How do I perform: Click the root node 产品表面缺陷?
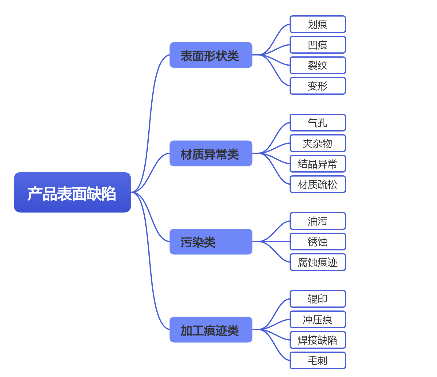[72, 192]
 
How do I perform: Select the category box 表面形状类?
[211, 55]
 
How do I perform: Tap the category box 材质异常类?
[211, 154]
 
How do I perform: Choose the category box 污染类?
[211, 242]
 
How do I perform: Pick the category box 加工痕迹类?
[211, 329]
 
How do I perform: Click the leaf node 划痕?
[317, 24]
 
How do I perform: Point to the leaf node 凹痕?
[317, 45]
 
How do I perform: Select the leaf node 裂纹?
[317, 65]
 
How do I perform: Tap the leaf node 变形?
[317, 86]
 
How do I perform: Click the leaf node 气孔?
[317, 123]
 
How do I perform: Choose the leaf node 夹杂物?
[317, 143]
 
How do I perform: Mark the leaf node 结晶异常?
[317, 164]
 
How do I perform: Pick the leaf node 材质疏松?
[317, 184]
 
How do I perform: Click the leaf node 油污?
[317, 221]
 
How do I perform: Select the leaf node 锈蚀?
[317, 242]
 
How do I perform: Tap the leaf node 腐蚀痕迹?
[317, 262]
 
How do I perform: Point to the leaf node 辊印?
[317, 299]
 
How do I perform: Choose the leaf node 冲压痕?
[317, 319]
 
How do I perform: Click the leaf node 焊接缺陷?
[317, 340]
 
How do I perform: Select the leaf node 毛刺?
[317, 360]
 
